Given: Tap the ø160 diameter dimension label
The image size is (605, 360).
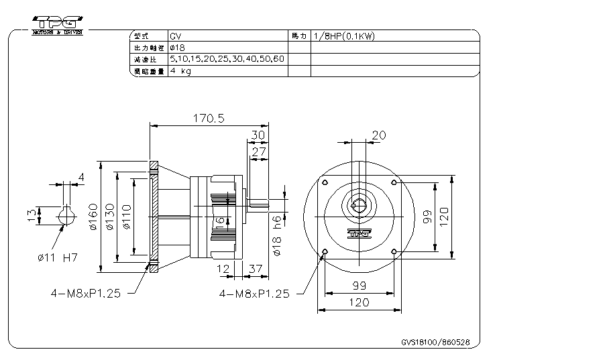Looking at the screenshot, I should click(95, 217).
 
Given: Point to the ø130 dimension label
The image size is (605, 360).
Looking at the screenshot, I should click(111, 217).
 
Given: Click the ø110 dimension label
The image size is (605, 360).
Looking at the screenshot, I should click(127, 217).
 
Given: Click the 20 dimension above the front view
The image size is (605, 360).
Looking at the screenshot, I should click(378, 135).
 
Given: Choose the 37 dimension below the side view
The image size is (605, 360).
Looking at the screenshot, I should click(254, 269).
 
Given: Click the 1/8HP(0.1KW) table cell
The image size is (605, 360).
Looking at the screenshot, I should click(343, 36).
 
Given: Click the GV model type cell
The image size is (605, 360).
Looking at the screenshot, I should click(176, 36).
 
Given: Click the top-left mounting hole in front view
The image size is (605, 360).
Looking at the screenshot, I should click(325, 183).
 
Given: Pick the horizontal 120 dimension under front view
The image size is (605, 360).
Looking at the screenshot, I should click(360, 303).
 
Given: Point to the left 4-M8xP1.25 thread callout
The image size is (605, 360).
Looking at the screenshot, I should click(86, 294).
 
